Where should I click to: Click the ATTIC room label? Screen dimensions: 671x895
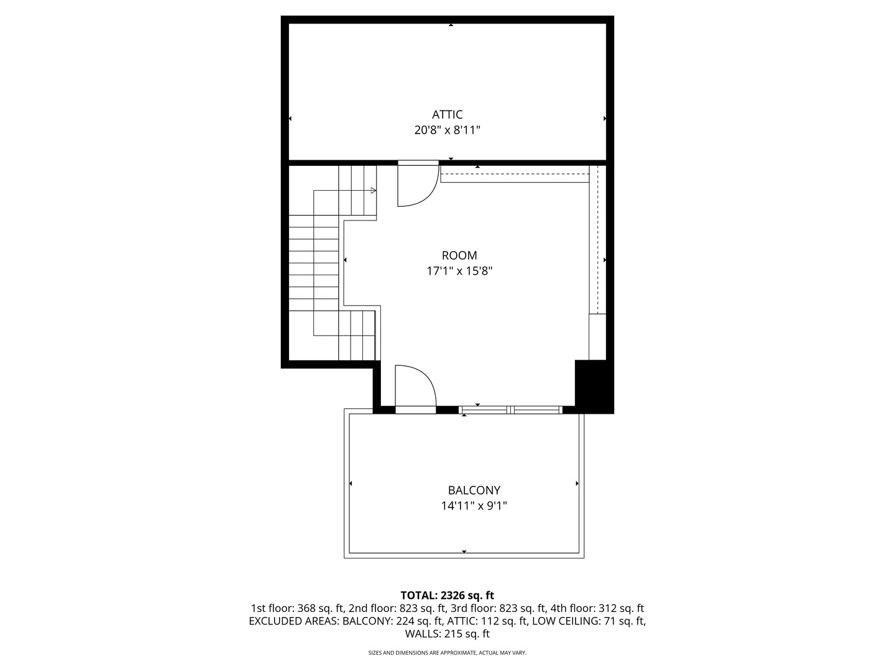447,114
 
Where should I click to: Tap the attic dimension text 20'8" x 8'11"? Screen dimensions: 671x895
447,130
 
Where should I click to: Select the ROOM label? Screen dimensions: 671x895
459,255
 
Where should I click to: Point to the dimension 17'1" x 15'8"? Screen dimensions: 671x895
459,271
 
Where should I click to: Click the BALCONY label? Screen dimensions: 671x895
474,490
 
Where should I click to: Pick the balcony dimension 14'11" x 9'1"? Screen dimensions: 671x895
474,506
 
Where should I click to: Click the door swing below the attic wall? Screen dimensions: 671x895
416,186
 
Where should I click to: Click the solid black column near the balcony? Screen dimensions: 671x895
594,386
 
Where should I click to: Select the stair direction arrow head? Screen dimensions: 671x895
373,190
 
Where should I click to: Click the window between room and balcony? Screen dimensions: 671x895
510,409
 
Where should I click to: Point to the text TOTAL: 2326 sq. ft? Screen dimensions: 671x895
447,595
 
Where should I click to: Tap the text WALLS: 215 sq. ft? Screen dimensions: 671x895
447,634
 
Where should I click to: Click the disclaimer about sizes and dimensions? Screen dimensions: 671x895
447,653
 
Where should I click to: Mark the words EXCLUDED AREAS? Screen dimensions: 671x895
294,621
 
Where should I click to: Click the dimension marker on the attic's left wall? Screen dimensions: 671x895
290,118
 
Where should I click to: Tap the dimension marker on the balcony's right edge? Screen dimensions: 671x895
577,483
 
